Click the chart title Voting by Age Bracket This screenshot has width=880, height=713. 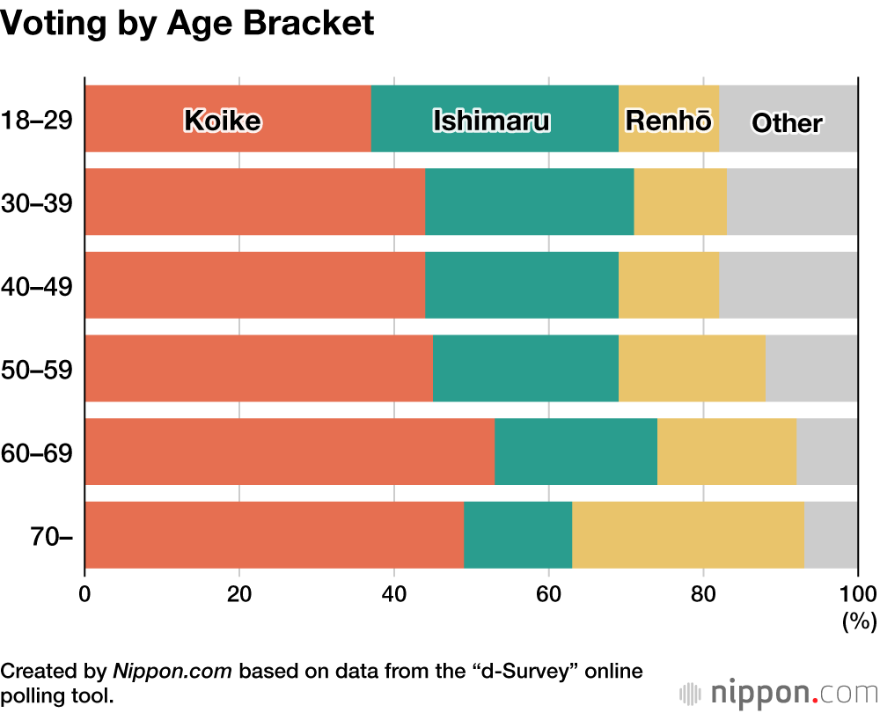(187, 24)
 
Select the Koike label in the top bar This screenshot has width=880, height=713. (222, 121)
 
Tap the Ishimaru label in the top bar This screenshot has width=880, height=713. (491, 121)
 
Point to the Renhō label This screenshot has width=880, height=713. (668, 121)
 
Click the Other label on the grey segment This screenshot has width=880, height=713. (786, 122)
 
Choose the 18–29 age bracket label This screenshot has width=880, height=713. (36, 119)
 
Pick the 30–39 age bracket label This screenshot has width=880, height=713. (36, 202)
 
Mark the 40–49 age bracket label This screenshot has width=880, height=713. (36, 286)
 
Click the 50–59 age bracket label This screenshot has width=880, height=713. (36, 369)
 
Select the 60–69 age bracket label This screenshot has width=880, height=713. (36, 452)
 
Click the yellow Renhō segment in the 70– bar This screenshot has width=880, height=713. (687, 534)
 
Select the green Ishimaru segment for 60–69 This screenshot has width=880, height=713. (576, 452)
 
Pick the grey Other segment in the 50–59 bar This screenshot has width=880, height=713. (811, 368)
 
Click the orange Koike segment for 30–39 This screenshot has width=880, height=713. (255, 202)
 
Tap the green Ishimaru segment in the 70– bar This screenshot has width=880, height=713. (517, 534)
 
